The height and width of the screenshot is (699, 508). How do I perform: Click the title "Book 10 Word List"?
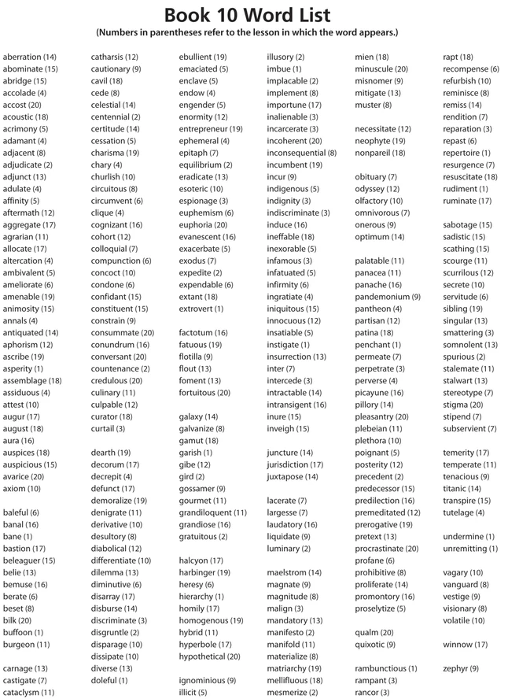click(247, 15)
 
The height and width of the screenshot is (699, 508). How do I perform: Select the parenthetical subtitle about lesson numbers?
click(247, 33)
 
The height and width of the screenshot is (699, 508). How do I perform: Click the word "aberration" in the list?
click(22, 57)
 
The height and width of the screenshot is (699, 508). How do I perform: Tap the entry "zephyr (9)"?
click(460, 668)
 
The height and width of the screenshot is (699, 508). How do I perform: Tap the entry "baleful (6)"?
click(21, 512)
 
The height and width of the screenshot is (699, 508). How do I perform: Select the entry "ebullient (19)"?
click(202, 57)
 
